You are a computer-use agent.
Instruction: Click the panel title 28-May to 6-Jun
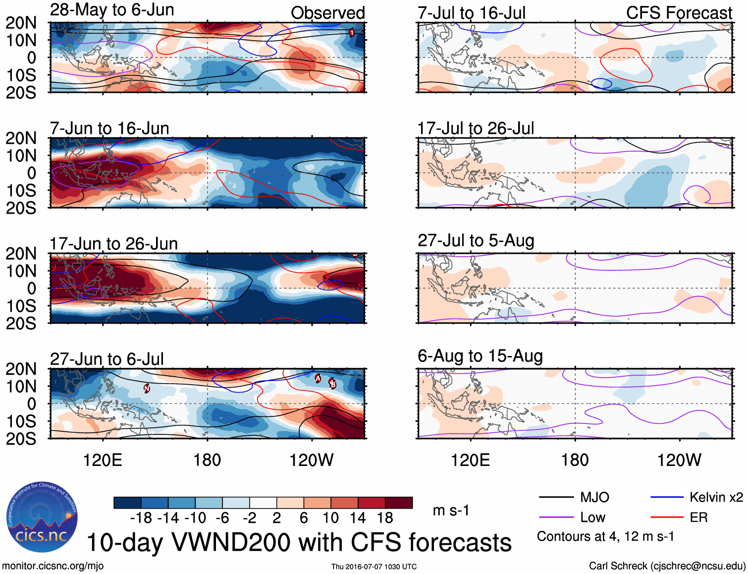(112, 10)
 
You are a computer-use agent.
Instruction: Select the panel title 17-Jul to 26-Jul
(476, 128)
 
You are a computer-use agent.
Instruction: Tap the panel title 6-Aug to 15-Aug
(480, 356)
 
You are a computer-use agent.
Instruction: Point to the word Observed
(327, 13)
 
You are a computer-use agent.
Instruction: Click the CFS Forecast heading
(679, 13)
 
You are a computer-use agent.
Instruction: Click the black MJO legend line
(556, 497)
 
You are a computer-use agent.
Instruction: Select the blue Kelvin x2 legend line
(667, 497)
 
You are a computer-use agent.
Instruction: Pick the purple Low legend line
(556, 517)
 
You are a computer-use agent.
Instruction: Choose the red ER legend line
(667, 517)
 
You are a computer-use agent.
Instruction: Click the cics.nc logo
(42, 517)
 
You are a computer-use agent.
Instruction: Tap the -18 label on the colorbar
(141, 518)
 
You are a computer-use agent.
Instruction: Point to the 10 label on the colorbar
(330, 518)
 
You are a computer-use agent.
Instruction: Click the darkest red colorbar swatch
(399, 503)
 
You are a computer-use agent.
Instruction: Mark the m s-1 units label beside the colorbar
(451, 511)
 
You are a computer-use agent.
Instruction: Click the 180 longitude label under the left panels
(207, 460)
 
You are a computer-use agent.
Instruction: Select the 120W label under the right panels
(679, 460)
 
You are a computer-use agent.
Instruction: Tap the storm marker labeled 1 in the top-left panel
(352, 33)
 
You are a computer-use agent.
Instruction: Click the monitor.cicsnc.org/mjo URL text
(53, 566)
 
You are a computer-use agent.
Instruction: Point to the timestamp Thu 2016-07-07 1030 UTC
(374, 567)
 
